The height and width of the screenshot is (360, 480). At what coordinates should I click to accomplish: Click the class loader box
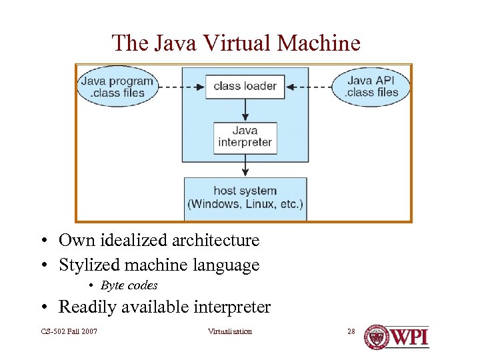[x=245, y=86]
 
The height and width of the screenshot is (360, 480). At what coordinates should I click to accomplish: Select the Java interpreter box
[x=245, y=137]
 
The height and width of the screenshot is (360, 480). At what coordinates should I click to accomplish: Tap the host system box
[x=245, y=198]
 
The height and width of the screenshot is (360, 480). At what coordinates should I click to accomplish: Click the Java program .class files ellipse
[x=117, y=87]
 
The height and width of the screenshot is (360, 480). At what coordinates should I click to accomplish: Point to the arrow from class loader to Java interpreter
[x=245, y=110]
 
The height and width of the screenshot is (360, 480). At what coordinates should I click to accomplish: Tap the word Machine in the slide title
[x=319, y=43]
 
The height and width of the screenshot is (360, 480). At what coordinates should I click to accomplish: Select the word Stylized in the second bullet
[x=86, y=265]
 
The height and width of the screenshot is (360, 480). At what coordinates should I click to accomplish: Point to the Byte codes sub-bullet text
[x=129, y=285]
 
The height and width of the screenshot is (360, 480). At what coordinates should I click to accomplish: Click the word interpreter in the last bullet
[x=232, y=307]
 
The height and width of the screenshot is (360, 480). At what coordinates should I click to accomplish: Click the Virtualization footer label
[x=230, y=331]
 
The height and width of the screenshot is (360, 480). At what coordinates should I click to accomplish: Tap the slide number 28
[x=351, y=331]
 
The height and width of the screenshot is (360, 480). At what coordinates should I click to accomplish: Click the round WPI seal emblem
[x=377, y=337]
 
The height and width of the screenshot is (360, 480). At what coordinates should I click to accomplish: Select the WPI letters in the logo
[x=409, y=337]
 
